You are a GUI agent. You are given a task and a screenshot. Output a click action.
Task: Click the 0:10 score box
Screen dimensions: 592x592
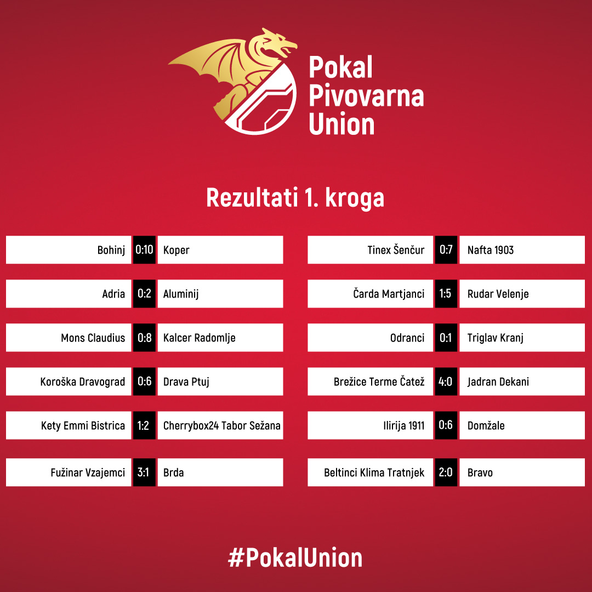click(144, 249)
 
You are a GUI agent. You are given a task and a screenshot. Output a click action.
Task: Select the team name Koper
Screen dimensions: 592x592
click(177, 251)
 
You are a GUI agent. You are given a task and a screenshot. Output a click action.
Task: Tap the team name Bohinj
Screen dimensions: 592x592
click(111, 251)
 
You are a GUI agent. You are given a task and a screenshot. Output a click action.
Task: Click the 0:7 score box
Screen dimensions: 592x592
click(446, 249)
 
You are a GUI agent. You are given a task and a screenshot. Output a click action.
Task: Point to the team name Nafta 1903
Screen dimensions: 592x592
click(491, 250)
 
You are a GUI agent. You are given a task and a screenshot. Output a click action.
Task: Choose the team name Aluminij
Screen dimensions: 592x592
click(181, 294)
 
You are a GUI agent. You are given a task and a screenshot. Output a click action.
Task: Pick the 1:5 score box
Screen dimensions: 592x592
click(446, 294)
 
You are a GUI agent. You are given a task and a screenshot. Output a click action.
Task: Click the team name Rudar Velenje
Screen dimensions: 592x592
click(498, 294)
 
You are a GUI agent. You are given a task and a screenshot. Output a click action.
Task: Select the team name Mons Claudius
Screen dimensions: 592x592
click(93, 338)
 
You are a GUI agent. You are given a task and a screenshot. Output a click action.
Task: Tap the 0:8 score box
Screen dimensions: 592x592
click(144, 338)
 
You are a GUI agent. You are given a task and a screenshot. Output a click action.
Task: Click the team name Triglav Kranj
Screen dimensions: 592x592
click(496, 338)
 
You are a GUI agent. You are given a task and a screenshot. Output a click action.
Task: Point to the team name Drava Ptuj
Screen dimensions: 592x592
click(186, 382)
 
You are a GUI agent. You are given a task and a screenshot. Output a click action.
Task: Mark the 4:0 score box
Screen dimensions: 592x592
click(446, 382)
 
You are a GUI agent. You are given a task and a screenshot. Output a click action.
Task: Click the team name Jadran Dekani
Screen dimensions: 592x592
click(498, 382)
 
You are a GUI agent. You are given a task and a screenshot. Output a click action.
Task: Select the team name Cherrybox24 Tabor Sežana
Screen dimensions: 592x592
click(221, 425)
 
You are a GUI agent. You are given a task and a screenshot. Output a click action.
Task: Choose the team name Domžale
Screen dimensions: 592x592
click(486, 425)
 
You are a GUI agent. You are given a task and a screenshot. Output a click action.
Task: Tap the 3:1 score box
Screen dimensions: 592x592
click(144, 473)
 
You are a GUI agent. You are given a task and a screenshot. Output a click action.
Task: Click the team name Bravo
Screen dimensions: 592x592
click(480, 473)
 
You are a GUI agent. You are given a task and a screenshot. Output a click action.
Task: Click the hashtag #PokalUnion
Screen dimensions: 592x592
click(295, 557)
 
